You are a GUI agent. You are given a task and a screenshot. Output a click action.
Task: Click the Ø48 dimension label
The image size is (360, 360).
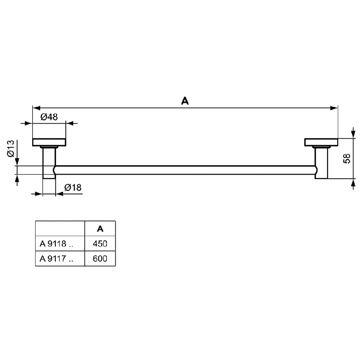pyautogui.click(x=49, y=117)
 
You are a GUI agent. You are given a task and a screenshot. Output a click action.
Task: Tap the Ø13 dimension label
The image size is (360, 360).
pyautogui.click(x=11, y=149)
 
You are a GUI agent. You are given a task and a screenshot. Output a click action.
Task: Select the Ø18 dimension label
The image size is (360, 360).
pyautogui.click(x=73, y=188)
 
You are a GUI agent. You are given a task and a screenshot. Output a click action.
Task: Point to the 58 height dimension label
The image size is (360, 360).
pyautogui.click(x=347, y=158)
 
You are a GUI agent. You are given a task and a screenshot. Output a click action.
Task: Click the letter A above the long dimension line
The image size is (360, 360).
pyautogui.click(x=185, y=101)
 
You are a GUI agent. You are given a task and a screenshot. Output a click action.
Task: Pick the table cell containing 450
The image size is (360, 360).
pyautogui.click(x=100, y=243)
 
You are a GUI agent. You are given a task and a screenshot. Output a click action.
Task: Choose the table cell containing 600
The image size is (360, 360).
pyautogui.click(x=100, y=258)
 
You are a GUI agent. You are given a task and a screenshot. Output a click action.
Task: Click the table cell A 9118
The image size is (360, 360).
pyautogui.click(x=60, y=243)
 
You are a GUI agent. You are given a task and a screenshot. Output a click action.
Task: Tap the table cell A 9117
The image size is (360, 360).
pyautogui.click(x=60, y=258)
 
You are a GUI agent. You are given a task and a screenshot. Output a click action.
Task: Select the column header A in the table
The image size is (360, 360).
pyautogui.click(x=100, y=229)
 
